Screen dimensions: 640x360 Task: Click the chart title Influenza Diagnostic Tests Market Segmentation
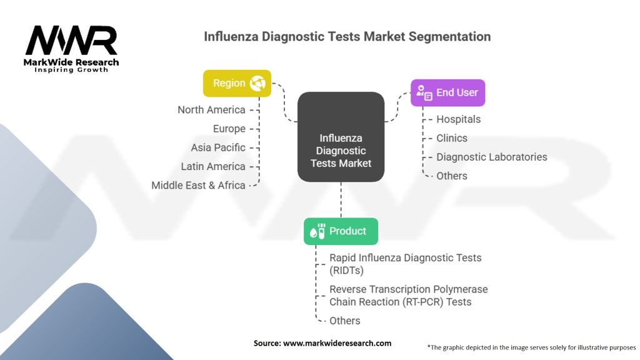(x=347, y=36)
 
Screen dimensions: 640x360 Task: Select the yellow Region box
(x=237, y=83)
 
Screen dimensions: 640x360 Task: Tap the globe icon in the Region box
(x=257, y=83)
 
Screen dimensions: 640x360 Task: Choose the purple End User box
(x=447, y=92)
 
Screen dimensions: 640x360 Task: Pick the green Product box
(x=341, y=231)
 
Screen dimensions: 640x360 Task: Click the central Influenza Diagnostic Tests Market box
(x=341, y=137)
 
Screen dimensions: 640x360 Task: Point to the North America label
(x=211, y=110)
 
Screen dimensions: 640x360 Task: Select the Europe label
(x=229, y=129)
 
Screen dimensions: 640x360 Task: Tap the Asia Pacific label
(x=218, y=147)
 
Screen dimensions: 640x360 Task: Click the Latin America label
(x=213, y=166)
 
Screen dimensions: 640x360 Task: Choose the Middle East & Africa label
(x=198, y=185)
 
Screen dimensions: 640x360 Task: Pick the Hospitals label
(x=458, y=119)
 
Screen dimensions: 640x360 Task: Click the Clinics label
(x=451, y=138)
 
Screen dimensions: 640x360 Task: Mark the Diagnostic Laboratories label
(x=491, y=157)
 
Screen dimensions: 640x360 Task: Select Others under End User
(x=451, y=176)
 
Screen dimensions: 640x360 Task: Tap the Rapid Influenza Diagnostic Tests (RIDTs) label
(x=405, y=264)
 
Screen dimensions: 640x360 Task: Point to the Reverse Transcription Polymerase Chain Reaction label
(x=408, y=296)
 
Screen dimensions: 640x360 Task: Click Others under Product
(x=344, y=321)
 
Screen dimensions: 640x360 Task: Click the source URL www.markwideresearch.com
(x=338, y=343)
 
